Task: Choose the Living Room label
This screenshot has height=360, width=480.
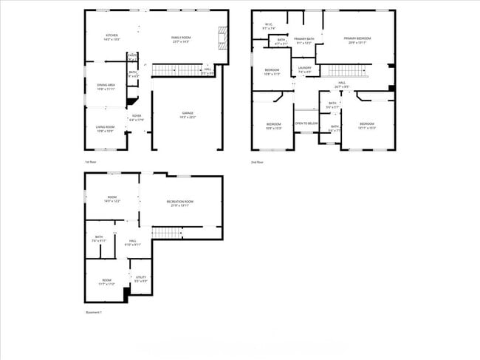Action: [x=105, y=129]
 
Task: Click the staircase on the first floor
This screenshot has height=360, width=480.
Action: [x=177, y=70]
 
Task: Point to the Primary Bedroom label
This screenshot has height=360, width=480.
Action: [x=357, y=40]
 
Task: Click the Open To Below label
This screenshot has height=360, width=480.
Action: [x=306, y=123]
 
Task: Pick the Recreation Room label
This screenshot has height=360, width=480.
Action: [x=180, y=203]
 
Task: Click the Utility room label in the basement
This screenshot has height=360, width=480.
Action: [x=140, y=279]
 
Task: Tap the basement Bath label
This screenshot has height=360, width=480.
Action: [x=99, y=239]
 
